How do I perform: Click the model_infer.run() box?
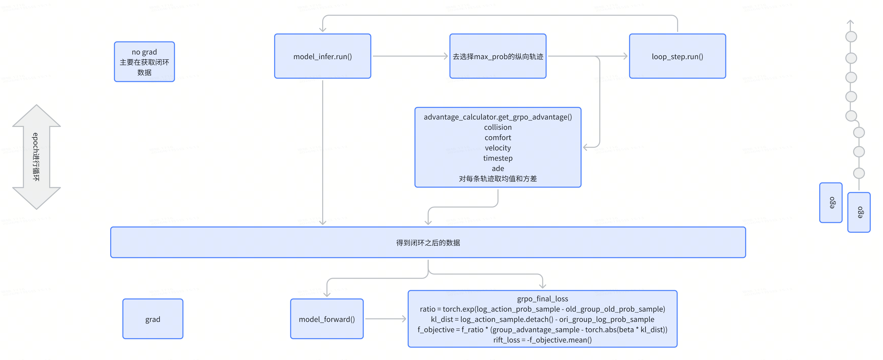tap(322, 56)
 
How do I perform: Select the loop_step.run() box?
tap(677, 56)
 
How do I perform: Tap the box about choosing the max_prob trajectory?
tap(497, 56)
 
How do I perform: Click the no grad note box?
tap(144, 62)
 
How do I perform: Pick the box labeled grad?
tap(153, 319)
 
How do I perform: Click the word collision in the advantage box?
tap(497, 127)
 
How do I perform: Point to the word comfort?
tap(497, 138)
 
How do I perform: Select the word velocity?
tap(497, 148)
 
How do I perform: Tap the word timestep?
tap(497, 158)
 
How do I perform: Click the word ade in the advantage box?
tap(497, 168)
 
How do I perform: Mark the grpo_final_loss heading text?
tap(542, 299)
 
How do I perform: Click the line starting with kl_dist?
tap(542, 319)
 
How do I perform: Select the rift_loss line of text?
tap(542, 340)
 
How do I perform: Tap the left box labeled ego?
tap(830, 203)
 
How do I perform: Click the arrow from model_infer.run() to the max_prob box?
tap(410, 56)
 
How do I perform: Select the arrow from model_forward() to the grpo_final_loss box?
tap(385, 319)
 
